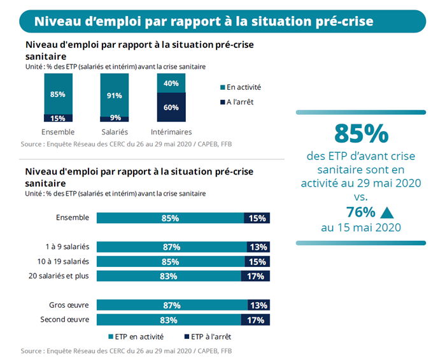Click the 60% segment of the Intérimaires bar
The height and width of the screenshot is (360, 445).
pos(171,107)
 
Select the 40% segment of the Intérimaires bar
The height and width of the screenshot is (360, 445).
pos(171,83)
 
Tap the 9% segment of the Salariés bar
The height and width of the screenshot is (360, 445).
pos(115,118)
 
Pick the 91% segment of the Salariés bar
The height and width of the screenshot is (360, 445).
pos(115,95)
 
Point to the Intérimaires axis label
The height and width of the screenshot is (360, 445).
pos(171,132)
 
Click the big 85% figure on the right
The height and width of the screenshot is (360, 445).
pos(361,133)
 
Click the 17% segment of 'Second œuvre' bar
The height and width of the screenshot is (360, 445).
pos(255,319)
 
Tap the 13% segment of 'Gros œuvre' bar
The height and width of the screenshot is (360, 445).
pos(258,305)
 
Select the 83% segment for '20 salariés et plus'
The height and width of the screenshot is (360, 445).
pos(169,276)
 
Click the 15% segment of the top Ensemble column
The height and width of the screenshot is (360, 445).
pos(57,118)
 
